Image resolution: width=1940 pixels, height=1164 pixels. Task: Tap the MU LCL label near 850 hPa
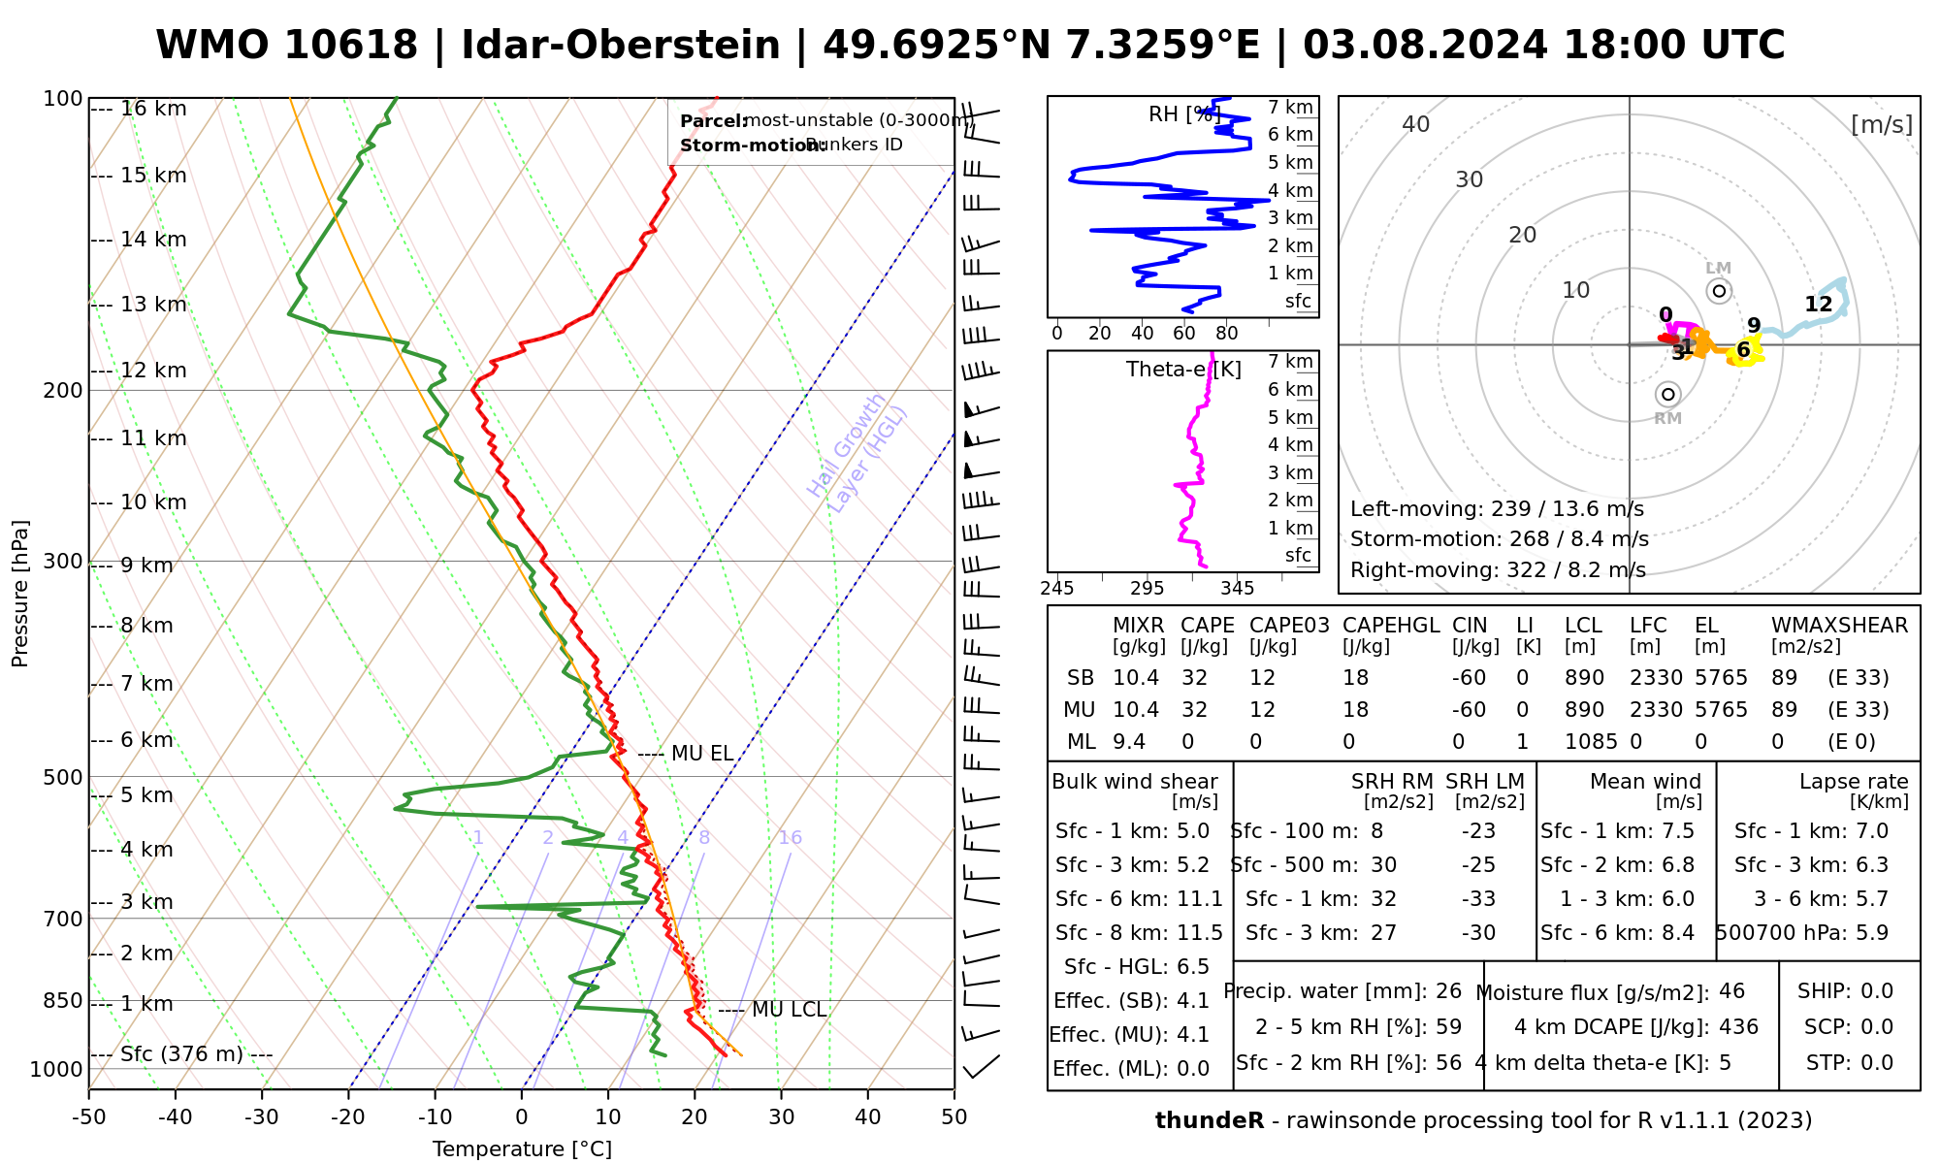coord(789,1010)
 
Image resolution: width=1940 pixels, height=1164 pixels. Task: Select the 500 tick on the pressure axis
coord(64,777)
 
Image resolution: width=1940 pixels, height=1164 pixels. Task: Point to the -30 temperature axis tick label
coord(262,1117)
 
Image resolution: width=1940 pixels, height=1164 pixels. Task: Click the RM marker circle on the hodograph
coord(1667,394)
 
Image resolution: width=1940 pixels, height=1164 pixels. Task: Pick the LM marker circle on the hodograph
coord(1719,290)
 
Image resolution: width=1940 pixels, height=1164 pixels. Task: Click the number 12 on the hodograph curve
coord(1818,305)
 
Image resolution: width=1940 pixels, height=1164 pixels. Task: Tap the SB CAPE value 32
coord(1194,678)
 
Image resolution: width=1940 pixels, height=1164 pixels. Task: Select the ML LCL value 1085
coord(1591,742)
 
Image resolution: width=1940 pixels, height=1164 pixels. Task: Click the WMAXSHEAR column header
coord(1839,626)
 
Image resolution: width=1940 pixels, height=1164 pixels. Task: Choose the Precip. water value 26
coord(1448,991)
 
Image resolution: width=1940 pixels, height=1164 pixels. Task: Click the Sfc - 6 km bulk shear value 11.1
coord(1199,899)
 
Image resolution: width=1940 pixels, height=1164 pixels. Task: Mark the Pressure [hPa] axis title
coord(20,594)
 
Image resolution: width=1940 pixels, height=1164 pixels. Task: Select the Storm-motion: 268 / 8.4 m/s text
coord(1499,539)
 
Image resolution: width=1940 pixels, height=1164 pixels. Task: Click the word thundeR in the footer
coord(1209,1121)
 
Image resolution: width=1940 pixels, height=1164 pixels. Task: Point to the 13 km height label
coord(153,305)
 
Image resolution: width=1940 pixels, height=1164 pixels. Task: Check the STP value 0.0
coord(1877,1063)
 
